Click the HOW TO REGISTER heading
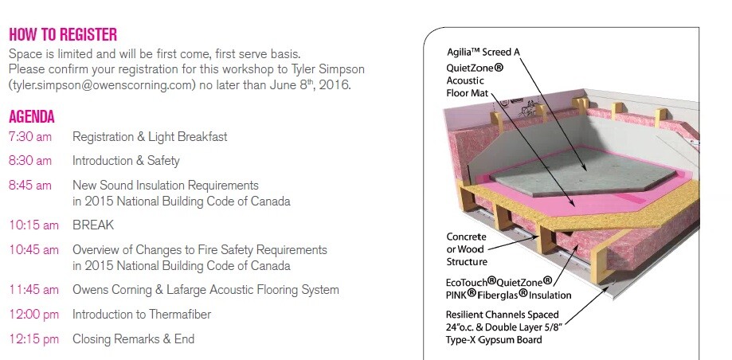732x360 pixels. click(63, 34)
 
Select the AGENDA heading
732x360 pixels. click(32, 117)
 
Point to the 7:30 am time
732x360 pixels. click(30, 137)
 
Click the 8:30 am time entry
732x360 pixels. click(30, 161)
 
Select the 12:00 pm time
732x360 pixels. click(33, 315)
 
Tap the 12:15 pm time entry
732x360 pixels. click(33, 339)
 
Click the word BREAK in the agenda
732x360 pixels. click(93, 225)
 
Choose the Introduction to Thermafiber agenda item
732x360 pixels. click(142, 315)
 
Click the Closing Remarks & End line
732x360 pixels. click(133, 339)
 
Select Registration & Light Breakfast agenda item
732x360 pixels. click(150, 137)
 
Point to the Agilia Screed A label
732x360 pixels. click(483, 52)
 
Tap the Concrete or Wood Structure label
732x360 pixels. click(467, 249)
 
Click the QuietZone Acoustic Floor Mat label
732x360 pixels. click(475, 80)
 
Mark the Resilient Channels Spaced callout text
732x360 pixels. click(502, 315)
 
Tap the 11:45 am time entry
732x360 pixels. click(33, 290)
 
